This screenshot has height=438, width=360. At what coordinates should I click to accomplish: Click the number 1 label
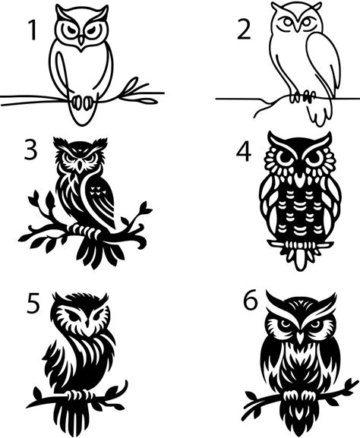pos(32,30)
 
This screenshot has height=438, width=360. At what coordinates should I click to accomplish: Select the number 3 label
pos(30,150)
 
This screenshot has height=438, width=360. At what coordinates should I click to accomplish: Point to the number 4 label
pos(244,153)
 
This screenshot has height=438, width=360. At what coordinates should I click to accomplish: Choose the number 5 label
pos(33,304)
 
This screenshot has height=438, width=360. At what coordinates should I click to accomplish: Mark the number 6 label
pos(250,301)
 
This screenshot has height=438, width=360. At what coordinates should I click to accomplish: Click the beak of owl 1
pos(81,41)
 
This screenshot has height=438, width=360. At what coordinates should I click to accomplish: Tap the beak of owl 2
pos(297,26)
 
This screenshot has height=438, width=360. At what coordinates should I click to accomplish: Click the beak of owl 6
pos(300,338)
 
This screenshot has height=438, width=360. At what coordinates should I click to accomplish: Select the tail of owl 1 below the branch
pos(81,114)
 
